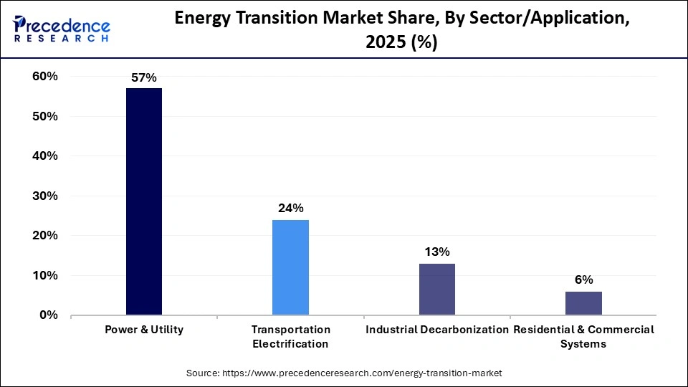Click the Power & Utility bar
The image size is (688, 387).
tap(144, 201)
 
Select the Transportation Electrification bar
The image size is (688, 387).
tap(290, 267)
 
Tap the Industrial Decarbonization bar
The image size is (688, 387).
tap(436, 289)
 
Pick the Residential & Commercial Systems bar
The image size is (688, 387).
tap(583, 303)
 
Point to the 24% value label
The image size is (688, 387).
tap(290, 209)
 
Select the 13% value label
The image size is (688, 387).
tap(436, 252)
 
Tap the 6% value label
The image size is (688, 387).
tap(583, 280)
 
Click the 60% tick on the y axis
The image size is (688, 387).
tap(44, 77)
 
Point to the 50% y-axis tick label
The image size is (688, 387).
tap(44, 116)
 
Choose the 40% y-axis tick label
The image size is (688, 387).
tap(44, 156)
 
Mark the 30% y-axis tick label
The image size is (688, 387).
tap(44, 196)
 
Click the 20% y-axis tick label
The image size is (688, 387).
tap(44, 236)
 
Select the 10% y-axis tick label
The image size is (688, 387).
tap(44, 275)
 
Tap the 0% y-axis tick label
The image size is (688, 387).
tap(47, 315)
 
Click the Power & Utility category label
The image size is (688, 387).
tap(144, 330)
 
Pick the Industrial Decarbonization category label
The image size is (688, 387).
tap(436, 330)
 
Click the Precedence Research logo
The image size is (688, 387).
tap(62, 29)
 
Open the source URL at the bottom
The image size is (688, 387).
tap(344, 373)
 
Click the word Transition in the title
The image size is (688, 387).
tap(282, 21)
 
